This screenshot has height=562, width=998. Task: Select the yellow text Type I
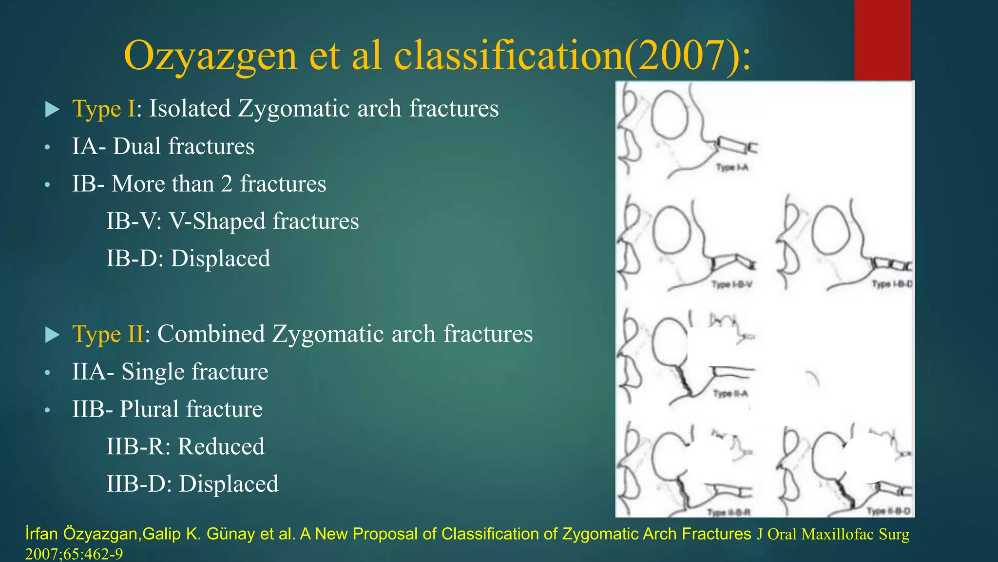(103, 108)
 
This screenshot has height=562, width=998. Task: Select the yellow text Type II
(108, 334)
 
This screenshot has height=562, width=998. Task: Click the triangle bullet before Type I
(52, 109)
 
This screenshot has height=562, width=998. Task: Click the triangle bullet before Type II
(52, 335)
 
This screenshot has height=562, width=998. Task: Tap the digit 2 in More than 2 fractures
(227, 184)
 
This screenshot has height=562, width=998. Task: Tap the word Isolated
(190, 108)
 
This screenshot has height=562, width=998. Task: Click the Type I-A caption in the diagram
(732, 168)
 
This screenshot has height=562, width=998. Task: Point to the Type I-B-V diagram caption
(731, 284)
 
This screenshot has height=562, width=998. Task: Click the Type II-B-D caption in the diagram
(888, 511)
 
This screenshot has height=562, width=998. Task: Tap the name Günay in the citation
(231, 534)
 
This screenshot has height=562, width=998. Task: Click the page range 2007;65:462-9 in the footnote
(74, 554)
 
